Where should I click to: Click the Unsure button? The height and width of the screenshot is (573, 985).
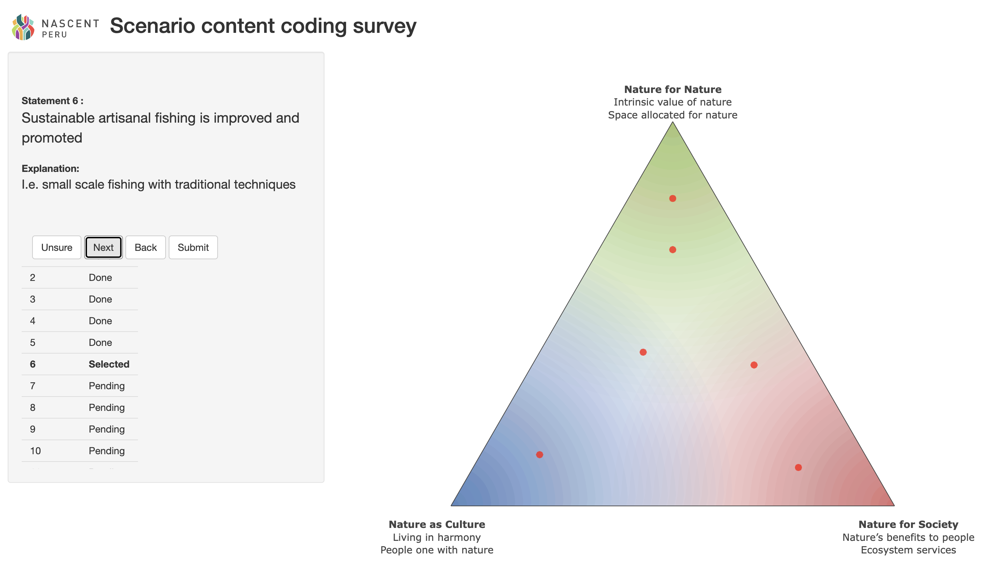point(57,247)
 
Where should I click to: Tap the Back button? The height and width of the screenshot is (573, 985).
point(145,247)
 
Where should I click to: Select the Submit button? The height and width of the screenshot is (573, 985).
point(193,247)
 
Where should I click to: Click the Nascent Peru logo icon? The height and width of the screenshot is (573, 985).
point(23,27)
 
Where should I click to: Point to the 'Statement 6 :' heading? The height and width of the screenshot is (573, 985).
point(52,101)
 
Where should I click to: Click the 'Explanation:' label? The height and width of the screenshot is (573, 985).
point(50,168)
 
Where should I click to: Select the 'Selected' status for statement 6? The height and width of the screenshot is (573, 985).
point(109,364)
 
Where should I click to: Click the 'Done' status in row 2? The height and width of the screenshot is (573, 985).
point(101,277)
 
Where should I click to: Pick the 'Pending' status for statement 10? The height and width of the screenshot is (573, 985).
point(107,451)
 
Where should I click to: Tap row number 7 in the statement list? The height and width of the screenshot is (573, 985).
point(33,386)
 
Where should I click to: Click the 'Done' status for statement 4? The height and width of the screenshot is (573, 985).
point(101,321)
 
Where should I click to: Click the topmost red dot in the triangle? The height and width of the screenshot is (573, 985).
point(673,198)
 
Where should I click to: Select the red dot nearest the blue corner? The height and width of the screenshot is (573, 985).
point(539,455)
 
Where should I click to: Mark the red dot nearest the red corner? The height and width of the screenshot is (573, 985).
point(798,467)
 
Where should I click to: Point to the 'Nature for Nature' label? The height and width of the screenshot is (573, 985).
point(673,89)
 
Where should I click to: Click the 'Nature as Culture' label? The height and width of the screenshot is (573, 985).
point(437,524)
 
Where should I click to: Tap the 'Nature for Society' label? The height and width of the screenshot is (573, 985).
point(909,524)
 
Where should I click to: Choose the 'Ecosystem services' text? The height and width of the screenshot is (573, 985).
point(909,550)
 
